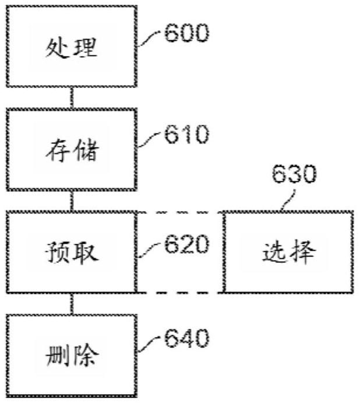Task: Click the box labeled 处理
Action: (72, 47)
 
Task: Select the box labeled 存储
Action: (72, 150)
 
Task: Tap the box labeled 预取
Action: (72, 252)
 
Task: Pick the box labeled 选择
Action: (288, 252)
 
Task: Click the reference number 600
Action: (185, 33)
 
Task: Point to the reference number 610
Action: (186, 136)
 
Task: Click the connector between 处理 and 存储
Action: (72, 99)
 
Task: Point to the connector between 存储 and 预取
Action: (72, 201)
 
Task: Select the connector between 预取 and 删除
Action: (72, 303)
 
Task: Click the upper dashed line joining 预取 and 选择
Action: (181, 212)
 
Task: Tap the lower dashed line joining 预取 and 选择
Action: (181, 291)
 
